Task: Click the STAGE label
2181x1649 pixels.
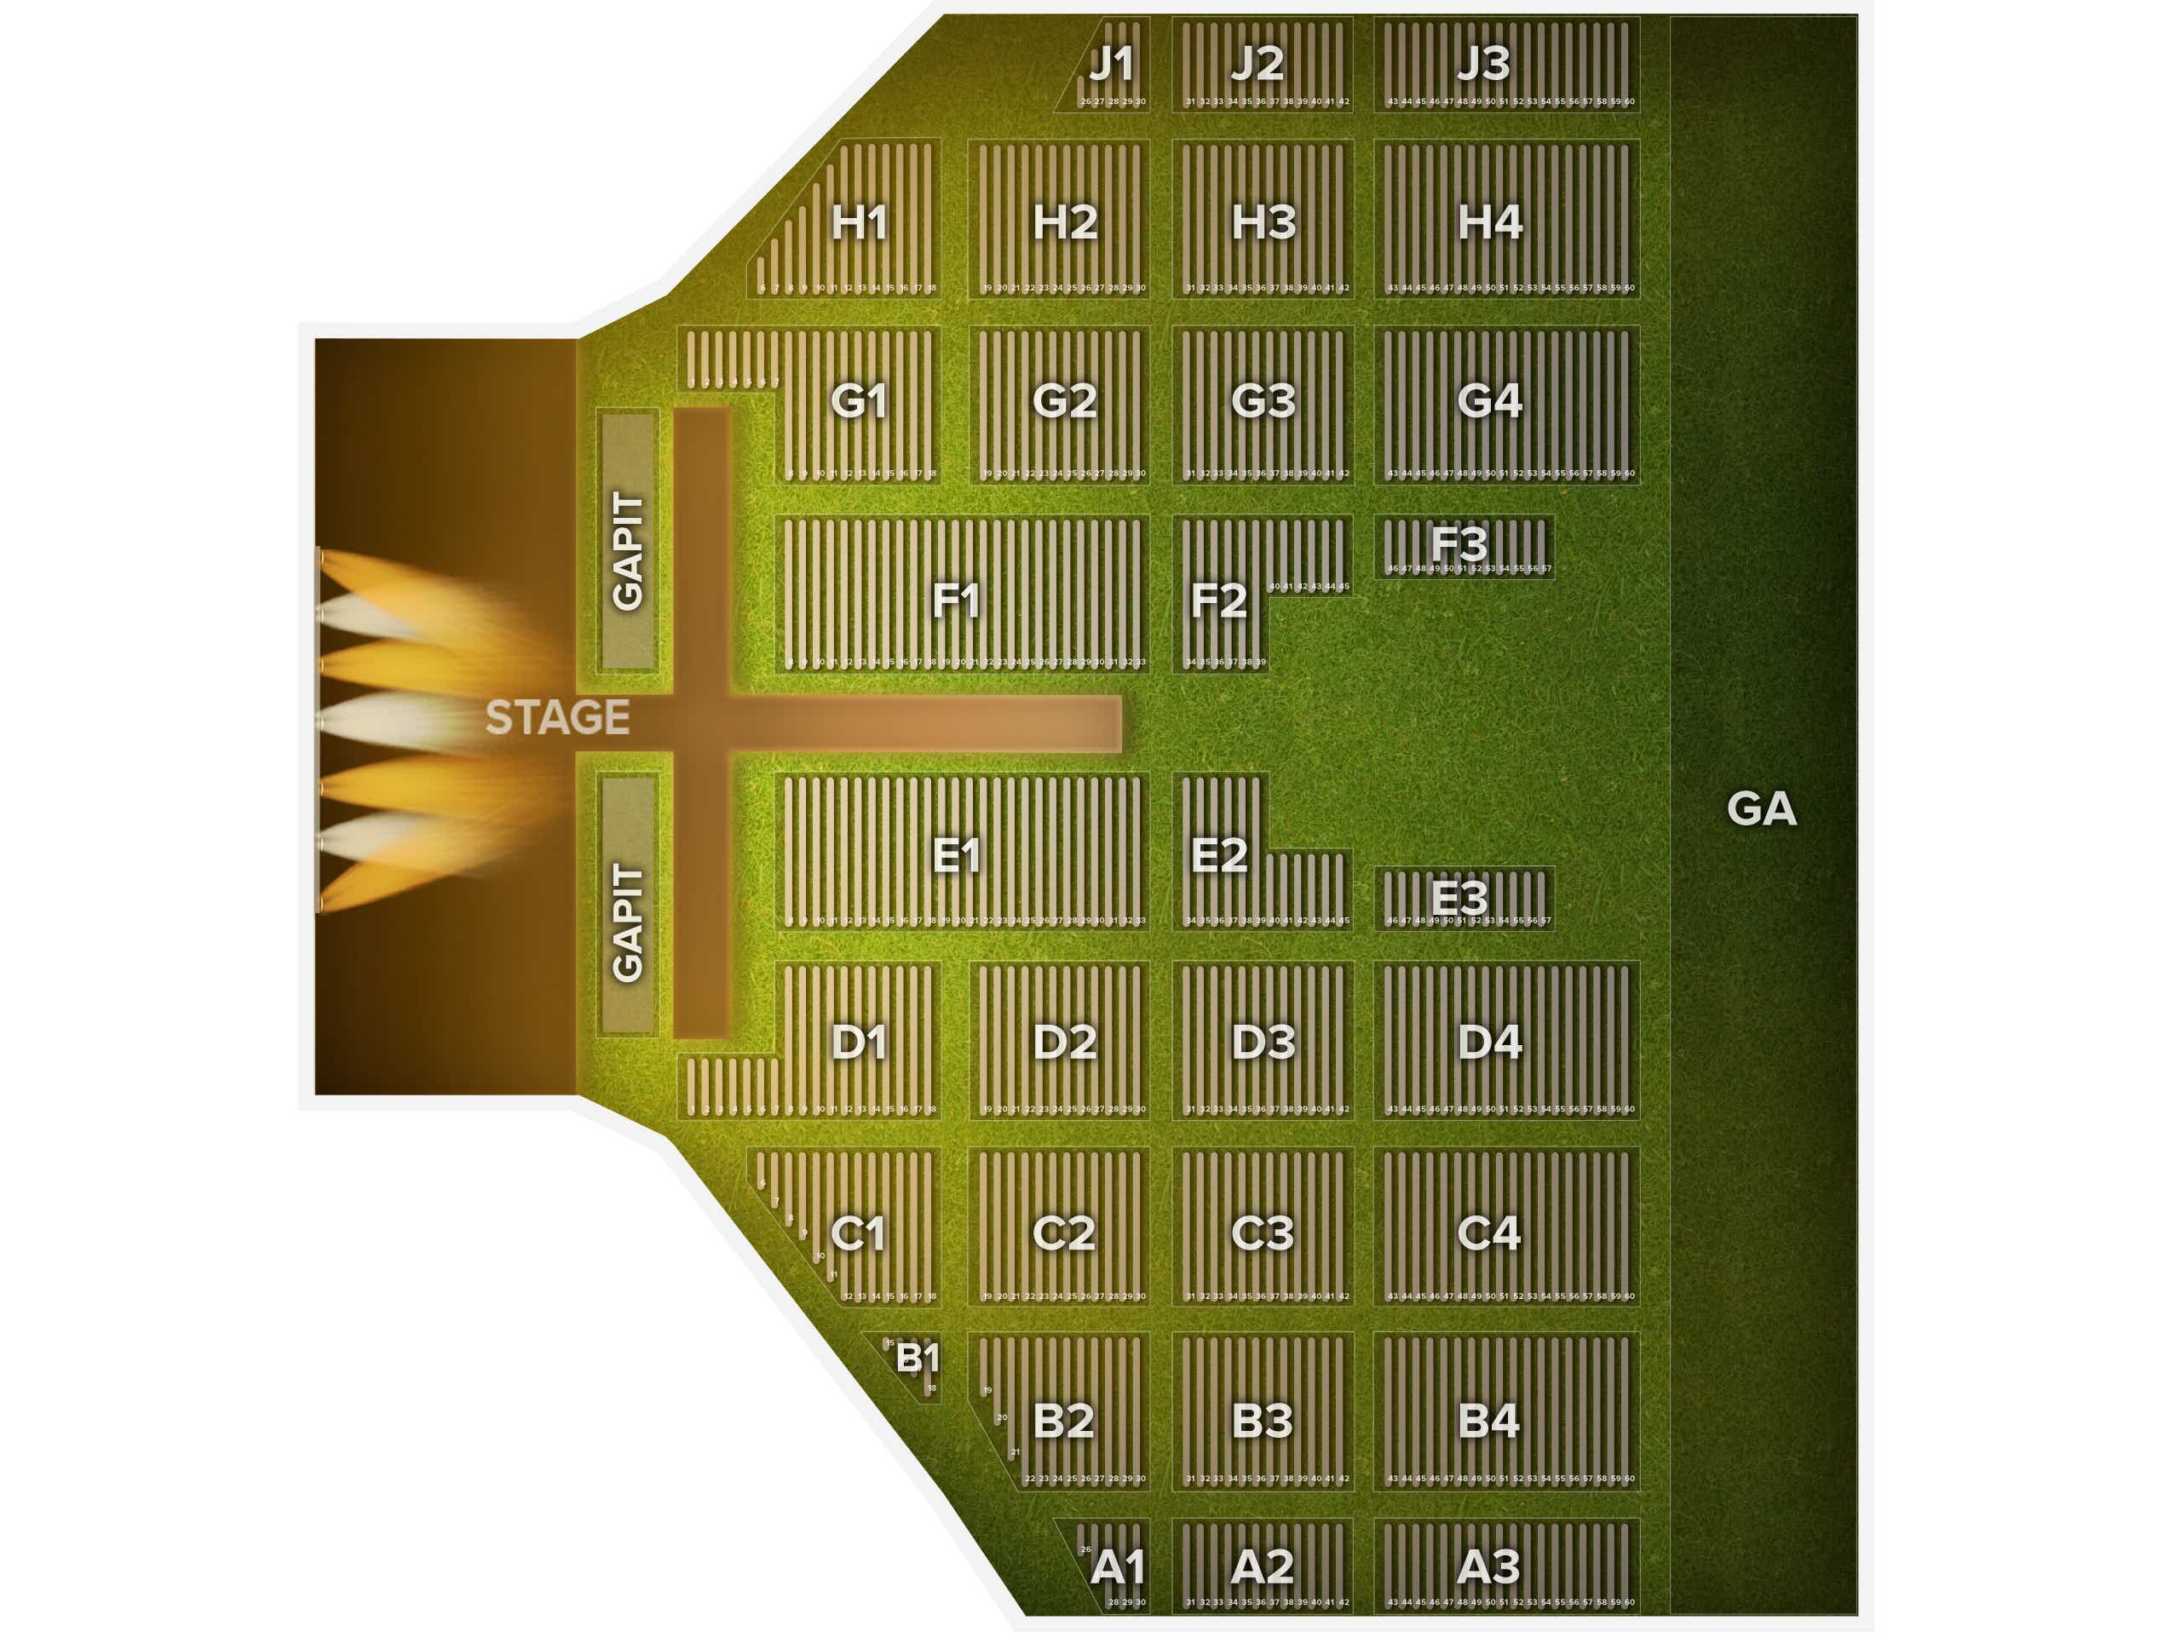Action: (557, 717)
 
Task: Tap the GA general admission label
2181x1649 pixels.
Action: (1761, 809)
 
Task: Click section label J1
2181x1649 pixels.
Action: (1111, 64)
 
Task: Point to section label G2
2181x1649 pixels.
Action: (1064, 400)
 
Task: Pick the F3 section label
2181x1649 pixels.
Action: (1459, 543)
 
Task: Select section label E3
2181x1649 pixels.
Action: (1459, 897)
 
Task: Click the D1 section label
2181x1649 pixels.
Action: (859, 1042)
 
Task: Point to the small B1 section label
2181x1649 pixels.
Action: (916, 1359)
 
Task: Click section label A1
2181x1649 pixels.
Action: (1117, 1566)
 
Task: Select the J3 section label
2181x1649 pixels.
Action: (1483, 64)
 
